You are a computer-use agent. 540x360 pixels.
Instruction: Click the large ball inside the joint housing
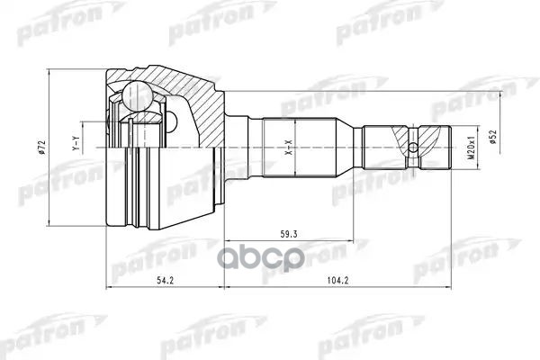click(x=138, y=93)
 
